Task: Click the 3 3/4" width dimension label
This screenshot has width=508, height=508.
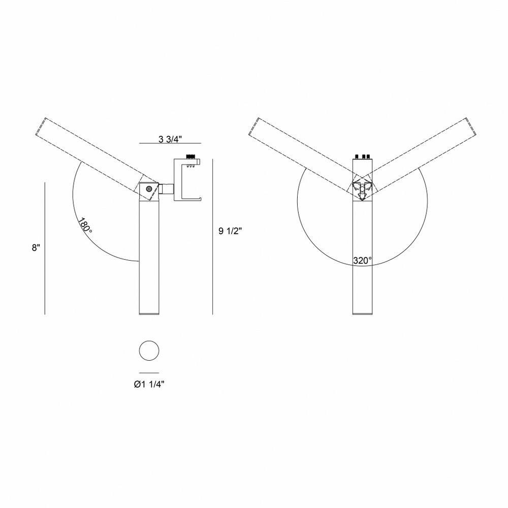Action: [x=170, y=139]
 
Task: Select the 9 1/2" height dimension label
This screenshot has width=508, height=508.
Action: [x=230, y=231]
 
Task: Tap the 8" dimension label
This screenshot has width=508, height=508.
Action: [x=36, y=248]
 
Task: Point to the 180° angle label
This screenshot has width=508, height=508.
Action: [x=85, y=225]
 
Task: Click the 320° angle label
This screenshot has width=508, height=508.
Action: [x=363, y=261]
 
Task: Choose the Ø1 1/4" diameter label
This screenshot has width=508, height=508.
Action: [x=149, y=384]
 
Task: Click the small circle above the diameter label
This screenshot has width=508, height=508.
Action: [x=149, y=351]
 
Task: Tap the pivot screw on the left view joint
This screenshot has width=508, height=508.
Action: [x=149, y=188]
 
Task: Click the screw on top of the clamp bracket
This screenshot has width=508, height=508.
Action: [x=191, y=157]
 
